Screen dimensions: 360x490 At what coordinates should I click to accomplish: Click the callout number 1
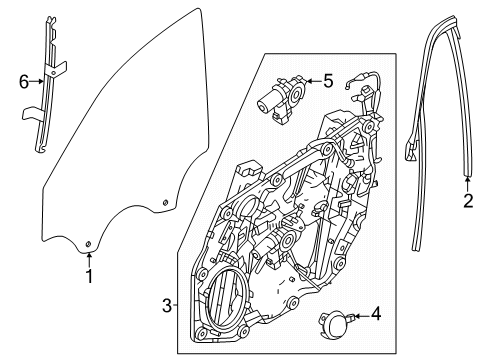coord(89,277)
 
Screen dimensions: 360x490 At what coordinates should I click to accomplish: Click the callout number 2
coord(467,200)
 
